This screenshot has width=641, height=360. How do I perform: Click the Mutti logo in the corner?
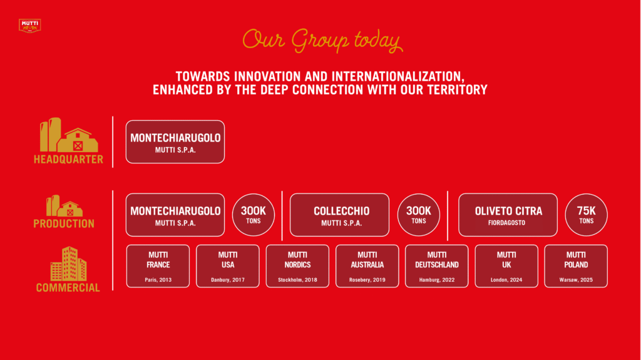coord(30,26)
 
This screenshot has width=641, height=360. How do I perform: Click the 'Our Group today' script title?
coord(322,41)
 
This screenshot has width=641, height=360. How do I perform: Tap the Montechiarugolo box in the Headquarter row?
coord(175,142)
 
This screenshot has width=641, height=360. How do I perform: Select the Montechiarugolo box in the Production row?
coord(175,215)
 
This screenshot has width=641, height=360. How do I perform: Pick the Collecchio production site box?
coord(339,215)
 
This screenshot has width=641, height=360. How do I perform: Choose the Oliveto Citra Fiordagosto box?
coord(508,215)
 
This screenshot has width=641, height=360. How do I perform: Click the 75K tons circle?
coord(586,215)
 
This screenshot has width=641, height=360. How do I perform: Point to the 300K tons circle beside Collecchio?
coord(419,215)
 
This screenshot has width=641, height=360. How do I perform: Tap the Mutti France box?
coord(158,266)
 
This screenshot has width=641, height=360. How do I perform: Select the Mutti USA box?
coord(228,266)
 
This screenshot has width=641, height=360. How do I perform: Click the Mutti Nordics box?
coord(297,266)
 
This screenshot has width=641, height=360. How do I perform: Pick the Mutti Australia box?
coord(367,266)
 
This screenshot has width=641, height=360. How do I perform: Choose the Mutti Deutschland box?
coord(436,266)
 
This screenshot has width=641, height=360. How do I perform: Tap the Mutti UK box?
coord(506,266)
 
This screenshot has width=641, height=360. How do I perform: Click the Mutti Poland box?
coord(576,266)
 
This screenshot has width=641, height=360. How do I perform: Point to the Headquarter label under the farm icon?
coord(69,159)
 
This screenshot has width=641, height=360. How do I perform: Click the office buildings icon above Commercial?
coord(69,264)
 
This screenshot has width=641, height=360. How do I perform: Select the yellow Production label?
coord(64,224)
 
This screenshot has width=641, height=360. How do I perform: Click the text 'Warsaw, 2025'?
coord(576,280)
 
